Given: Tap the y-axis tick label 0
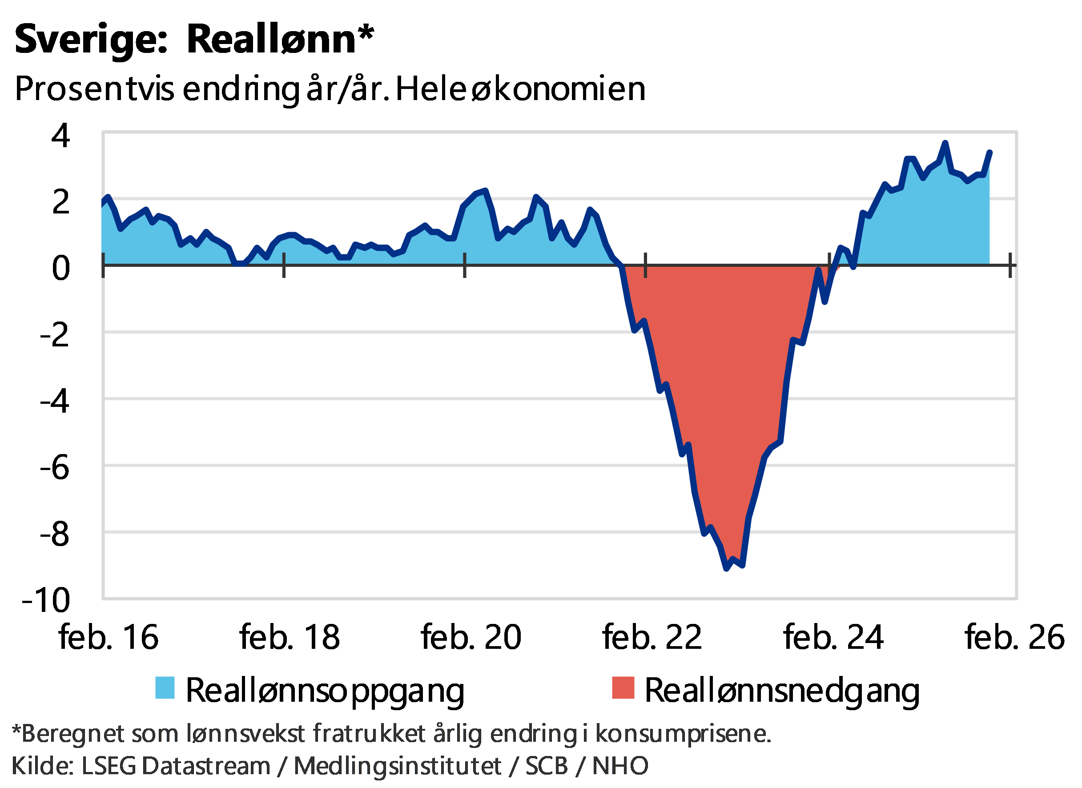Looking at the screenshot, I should tap(61, 268).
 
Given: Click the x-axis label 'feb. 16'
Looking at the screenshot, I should tap(109, 637).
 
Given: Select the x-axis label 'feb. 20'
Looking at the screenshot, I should tap(471, 637).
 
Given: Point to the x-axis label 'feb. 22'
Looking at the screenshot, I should tap(652, 637).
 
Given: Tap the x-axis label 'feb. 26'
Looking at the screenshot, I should tap(1014, 637).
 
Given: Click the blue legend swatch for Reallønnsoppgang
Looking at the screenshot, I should tap(165, 688).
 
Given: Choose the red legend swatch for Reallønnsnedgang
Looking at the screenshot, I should tap(623, 688).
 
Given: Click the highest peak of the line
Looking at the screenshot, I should tap(945, 143).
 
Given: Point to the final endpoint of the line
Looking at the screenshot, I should tap(990, 152).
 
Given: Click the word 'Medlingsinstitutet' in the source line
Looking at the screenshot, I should tap(398, 766).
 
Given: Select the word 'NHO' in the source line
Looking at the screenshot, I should tap(620, 766).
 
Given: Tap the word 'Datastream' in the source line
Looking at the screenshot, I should tap(206, 766).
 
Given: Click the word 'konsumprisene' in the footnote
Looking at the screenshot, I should tap(682, 734).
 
